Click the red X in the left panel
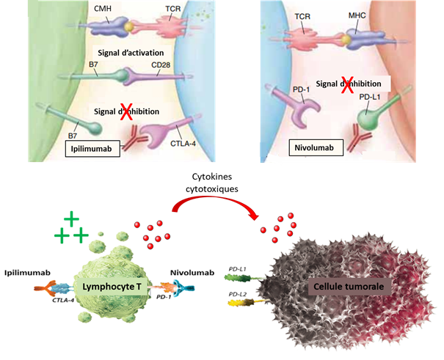pyautogui.click(x=126, y=111)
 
